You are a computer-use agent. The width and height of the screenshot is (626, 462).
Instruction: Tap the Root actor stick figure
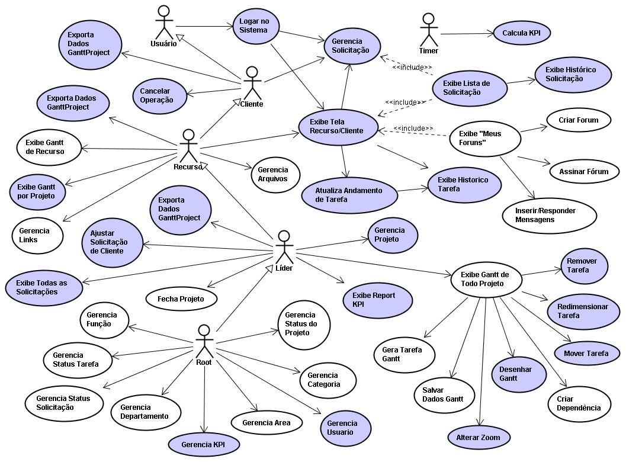pyautogui.click(x=204, y=340)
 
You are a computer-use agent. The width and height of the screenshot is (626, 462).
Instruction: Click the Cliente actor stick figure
pyautogui.click(x=252, y=83)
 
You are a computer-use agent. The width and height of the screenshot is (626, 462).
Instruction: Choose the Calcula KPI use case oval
pyautogui.click(x=522, y=33)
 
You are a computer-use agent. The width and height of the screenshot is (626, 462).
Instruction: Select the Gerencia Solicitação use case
pyautogui.click(x=351, y=46)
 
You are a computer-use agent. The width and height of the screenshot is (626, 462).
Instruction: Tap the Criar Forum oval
pyautogui.click(x=578, y=120)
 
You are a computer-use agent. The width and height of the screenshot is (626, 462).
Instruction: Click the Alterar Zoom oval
pyautogui.click(x=478, y=438)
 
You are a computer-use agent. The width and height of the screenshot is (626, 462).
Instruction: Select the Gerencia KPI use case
pyautogui.click(x=203, y=444)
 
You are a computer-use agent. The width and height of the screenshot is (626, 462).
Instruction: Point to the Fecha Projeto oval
pyautogui.click(x=181, y=299)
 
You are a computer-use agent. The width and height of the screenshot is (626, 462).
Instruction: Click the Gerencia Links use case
pyautogui.click(x=37, y=235)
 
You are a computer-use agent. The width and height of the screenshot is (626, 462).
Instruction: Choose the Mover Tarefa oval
pyautogui.click(x=586, y=354)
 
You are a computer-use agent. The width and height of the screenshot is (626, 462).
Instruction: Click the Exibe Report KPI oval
pyautogui.click(x=377, y=299)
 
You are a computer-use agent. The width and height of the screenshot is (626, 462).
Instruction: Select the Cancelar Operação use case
pyautogui.click(x=157, y=95)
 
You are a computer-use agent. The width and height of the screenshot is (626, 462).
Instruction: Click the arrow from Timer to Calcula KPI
pyautogui.click(x=467, y=34)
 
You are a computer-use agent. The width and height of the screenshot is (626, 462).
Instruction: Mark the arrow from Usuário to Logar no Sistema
pyautogui.click(x=205, y=26)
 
